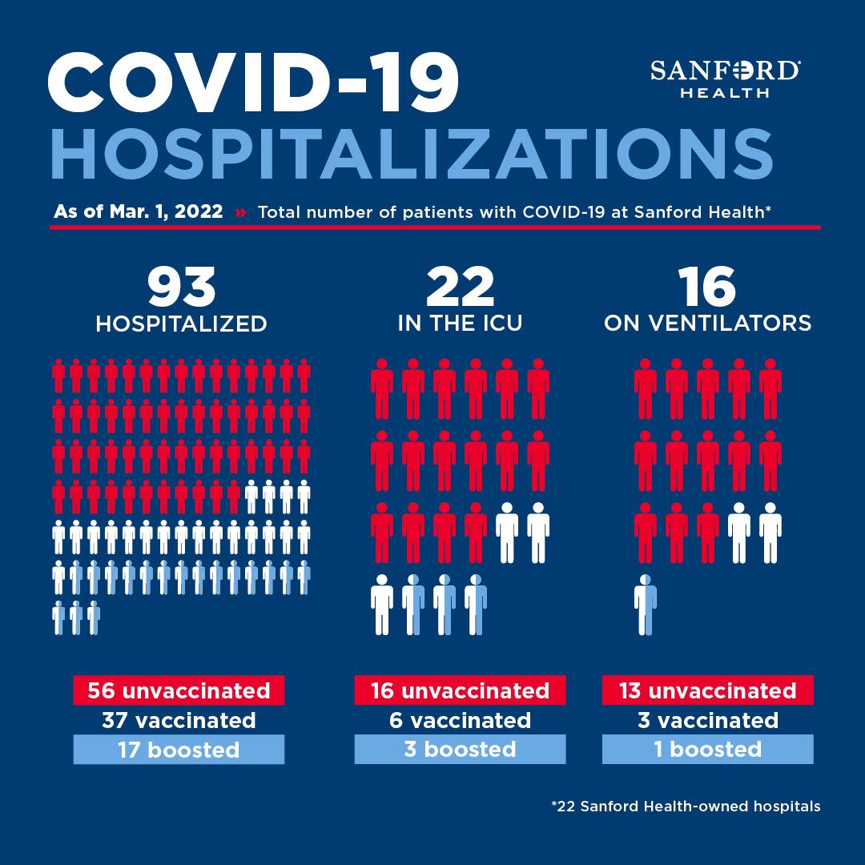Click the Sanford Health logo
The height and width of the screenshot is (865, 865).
(x=725, y=78)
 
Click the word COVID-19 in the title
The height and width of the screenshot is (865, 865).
(x=253, y=82)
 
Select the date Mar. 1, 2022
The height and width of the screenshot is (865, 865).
(x=166, y=211)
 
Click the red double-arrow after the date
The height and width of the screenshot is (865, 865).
(x=240, y=211)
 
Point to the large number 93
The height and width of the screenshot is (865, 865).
(x=182, y=287)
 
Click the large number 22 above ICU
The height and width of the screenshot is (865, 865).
(x=460, y=287)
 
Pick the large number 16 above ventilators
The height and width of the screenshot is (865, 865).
(x=707, y=287)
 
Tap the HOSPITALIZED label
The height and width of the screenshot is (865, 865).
(x=182, y=324)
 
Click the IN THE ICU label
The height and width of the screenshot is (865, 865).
(x=460, y=324)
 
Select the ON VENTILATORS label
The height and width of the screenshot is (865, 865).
(x=708, y=324)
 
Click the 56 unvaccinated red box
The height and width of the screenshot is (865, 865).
(x=179, y=690)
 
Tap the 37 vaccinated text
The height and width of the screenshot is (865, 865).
(x=179, y=720)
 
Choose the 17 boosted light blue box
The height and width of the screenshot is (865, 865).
(x=179, y=749)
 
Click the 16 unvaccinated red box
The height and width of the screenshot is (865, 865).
(x=460, y=690)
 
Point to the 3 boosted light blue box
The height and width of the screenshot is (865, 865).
(x=460, y=749)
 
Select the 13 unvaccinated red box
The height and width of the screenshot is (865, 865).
(x=708, y=690)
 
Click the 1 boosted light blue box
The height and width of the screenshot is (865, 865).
(x=708, y=749)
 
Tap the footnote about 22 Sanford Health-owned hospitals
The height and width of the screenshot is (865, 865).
(x=686, y=807)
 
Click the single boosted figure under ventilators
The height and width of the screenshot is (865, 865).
(x=646, y=605)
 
